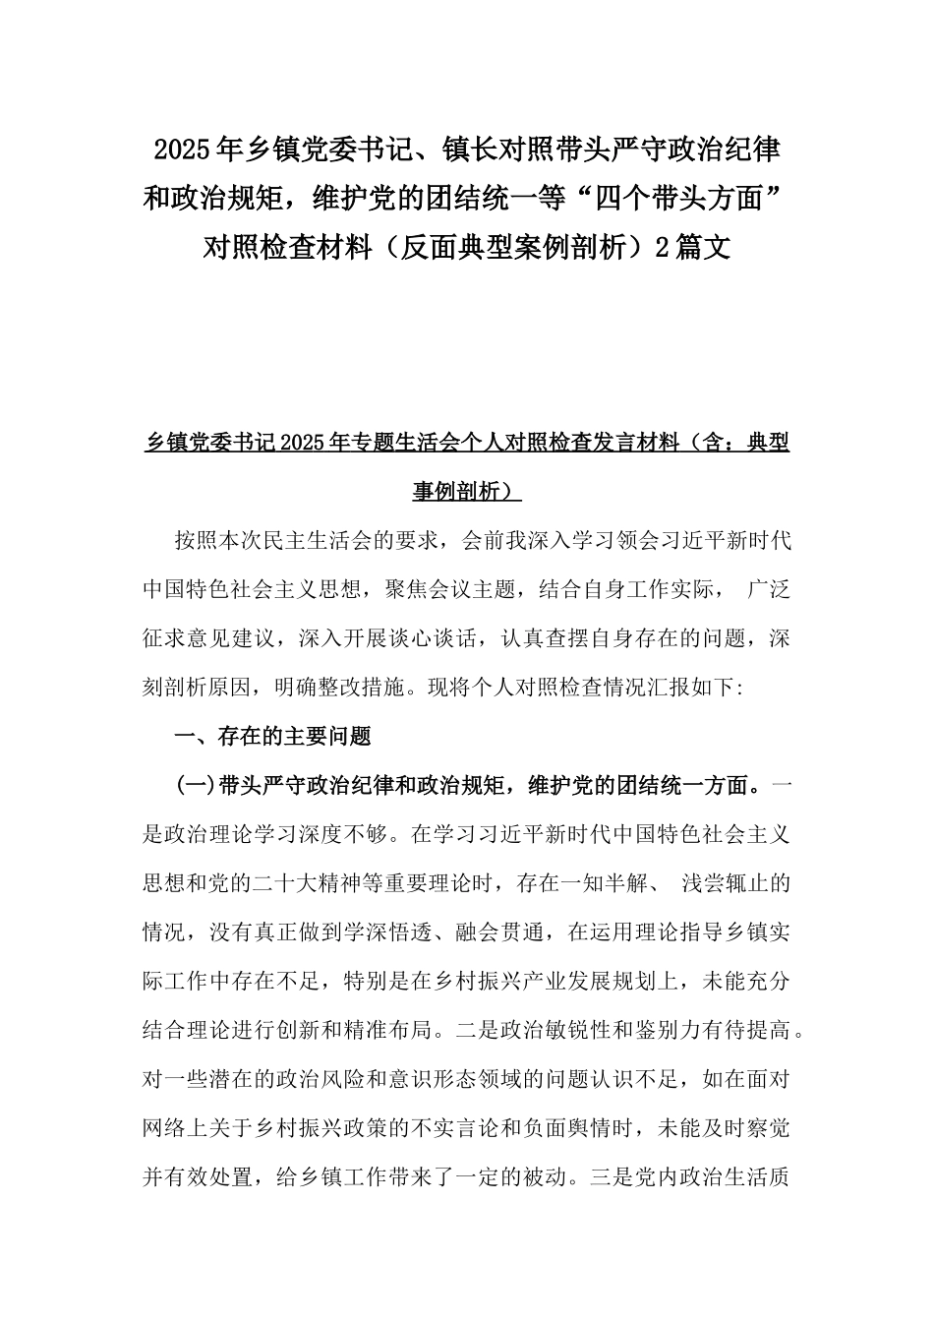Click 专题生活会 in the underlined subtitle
406,444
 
